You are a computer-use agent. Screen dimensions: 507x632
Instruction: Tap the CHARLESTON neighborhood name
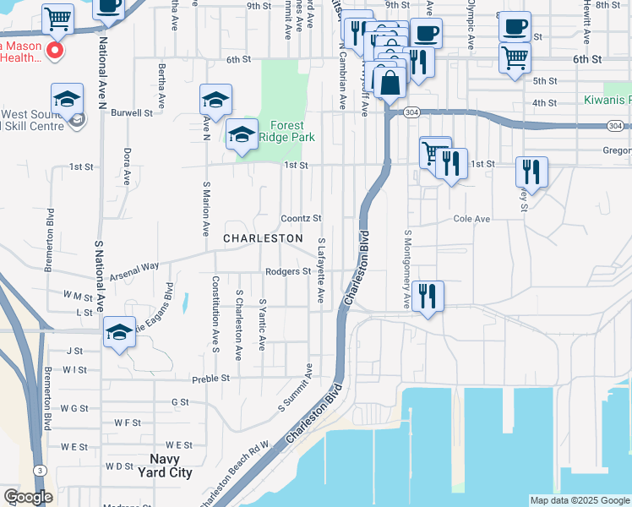[263, 239]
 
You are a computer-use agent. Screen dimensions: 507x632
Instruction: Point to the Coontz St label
[302, 218]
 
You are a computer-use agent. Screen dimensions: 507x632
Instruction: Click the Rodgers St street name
[289, 272]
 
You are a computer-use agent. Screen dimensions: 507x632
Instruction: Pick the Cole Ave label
[471, 219]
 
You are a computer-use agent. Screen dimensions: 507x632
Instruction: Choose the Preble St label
[210, 379]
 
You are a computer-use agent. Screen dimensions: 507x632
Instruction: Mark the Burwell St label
[132, 112]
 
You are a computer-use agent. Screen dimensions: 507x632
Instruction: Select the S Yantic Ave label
[262, 324]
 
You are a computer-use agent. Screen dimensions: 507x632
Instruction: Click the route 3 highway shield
[39, 470]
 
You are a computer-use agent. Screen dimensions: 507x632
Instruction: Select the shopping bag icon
[390, 84]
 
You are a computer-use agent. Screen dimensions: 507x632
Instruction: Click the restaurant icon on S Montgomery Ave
[428, 296]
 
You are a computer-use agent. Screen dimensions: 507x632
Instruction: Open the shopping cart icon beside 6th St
[515, 58]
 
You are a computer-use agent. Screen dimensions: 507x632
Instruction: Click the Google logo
[28, 498]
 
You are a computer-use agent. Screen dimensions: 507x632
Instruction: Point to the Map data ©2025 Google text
[579, 500]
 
